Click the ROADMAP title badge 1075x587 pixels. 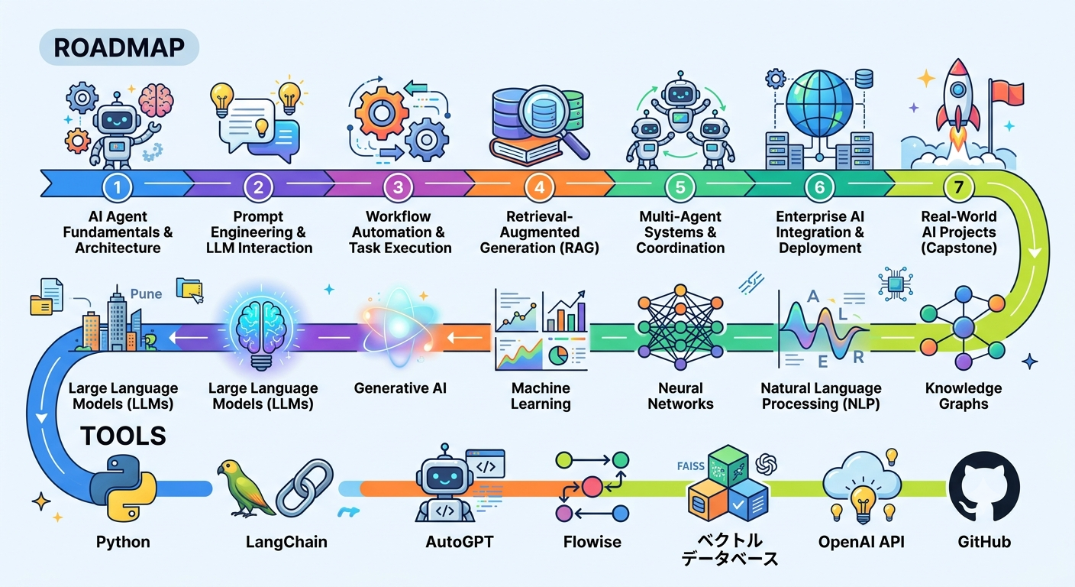click(x=119, y=47)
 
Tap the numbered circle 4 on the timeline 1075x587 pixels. click(x=540, y=186)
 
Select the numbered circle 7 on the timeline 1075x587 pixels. click(x=958, y=186)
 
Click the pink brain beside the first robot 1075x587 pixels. click(x=156, y=100)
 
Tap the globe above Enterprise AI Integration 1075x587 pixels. click(x=820, y=104)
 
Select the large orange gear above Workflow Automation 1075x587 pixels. click(x=382, y=113)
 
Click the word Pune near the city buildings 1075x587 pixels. click(x=146, y=293)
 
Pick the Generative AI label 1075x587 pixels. click(x=400, y=388)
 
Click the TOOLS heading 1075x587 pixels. click(x=124, y=436)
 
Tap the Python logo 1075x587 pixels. click(x=123, y=488)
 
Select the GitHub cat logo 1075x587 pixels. click(x=984, y=486)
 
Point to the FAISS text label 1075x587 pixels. click(x=691, y=466)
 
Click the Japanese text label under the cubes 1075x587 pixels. click(x=729, y=550)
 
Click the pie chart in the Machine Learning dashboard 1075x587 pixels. click(x=558, y=356)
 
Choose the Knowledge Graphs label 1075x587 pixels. click(x=964, y=396)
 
